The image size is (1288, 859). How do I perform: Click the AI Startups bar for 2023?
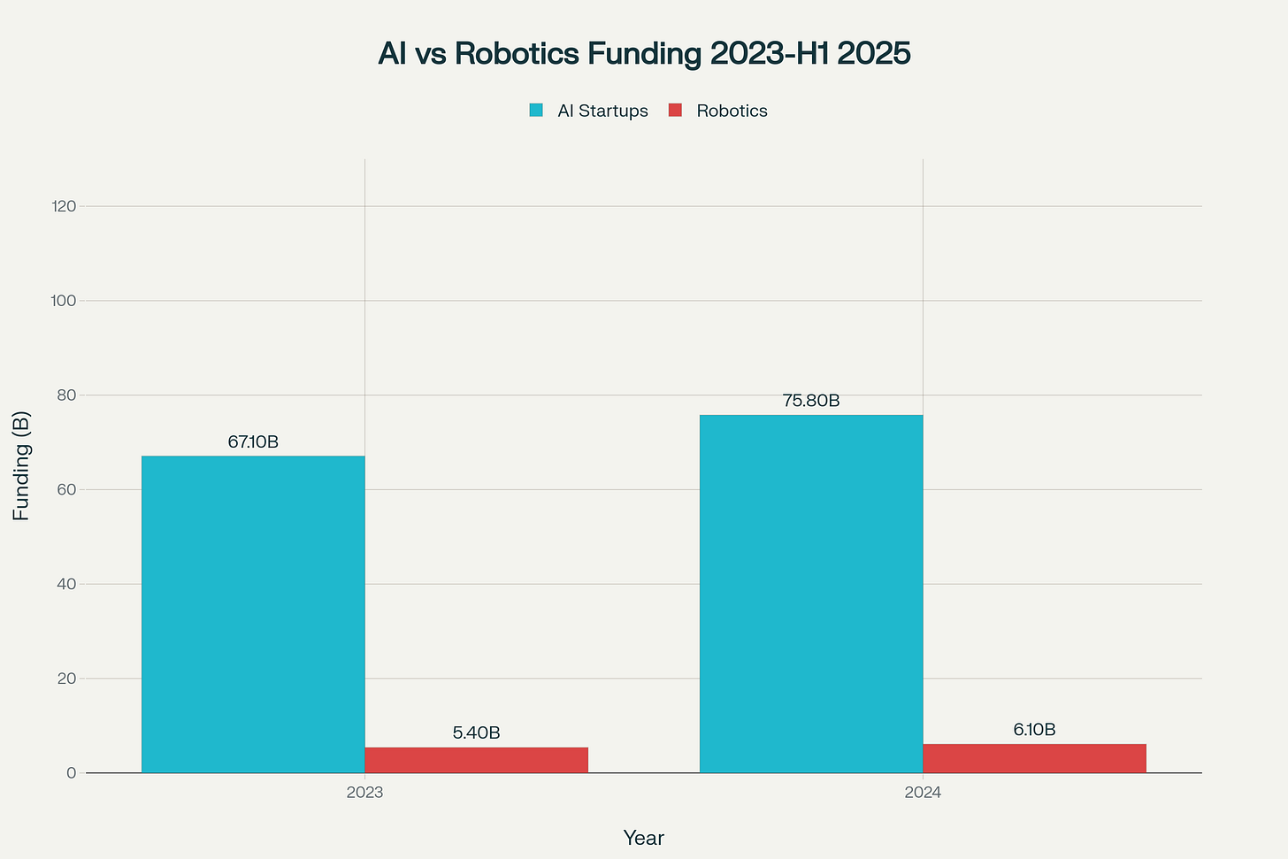click(x=253, y=614)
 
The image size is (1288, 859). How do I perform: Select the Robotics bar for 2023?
click(x=476, y=760)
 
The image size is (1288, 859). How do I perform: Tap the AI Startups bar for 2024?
click(x=811, y=594)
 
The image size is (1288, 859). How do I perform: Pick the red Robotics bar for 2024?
click(x=1034, y=758)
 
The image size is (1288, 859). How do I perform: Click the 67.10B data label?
click(x=253, y=442)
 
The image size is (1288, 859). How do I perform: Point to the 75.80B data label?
click(x=811, y=401)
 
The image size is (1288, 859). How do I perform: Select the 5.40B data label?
click(x=476, y=733)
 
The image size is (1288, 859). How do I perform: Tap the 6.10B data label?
click(x=1034, y=730)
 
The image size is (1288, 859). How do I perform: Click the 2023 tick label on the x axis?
click(x=364, y=794)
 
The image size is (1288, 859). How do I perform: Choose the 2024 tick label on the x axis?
click(x=923, y=794)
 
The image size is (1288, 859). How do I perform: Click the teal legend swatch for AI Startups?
click(x=536, y=111)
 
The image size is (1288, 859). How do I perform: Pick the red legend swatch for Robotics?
click(x=675, y=111)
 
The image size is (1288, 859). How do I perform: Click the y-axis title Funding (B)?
click(x=21, y=465)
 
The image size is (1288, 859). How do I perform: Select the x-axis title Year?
click(x=643, y=838)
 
